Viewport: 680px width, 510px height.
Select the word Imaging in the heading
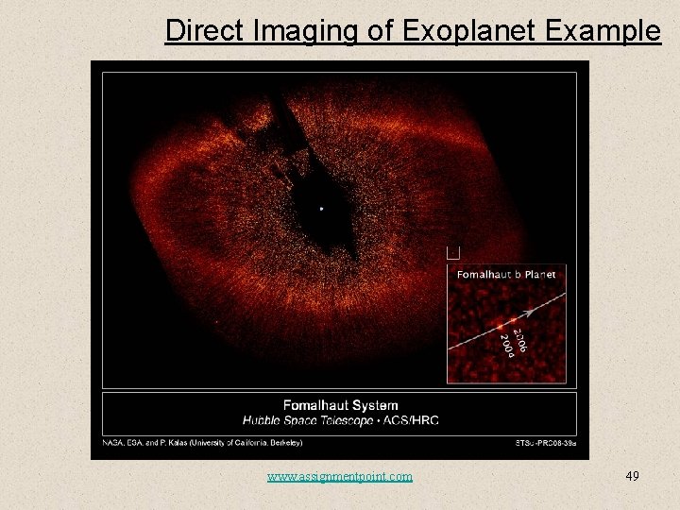tap(303, 30)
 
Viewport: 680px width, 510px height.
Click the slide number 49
tap(632, 476)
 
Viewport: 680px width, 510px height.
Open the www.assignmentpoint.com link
tap(340, 476)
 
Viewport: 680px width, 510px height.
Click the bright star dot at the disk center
tap(322, 208)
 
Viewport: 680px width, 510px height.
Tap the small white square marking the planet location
tap(452, 253)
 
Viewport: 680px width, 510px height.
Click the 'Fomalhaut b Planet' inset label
tap(506, 275)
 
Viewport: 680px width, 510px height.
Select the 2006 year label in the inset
tap(518, 335)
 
